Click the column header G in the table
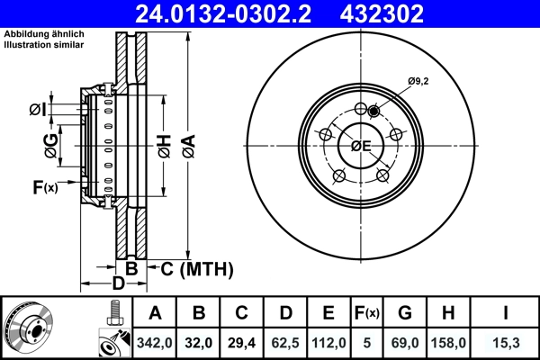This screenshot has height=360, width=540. click(x=406, y=314)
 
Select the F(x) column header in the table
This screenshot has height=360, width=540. click(x=367, y=314)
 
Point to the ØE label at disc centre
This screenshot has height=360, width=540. click(x=361, y=146)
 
